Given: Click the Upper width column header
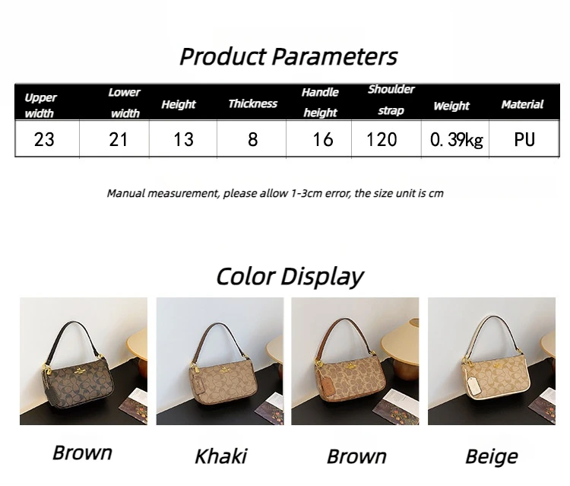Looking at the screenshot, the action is pos(40,105).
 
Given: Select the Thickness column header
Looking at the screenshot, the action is pos(252,103).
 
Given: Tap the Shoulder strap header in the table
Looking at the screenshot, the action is pos(391,100).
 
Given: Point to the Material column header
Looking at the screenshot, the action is pos(522,104).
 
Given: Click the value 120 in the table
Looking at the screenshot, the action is pos(382,139).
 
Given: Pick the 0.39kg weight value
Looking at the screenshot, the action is pos(457,140).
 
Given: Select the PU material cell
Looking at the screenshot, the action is pos(524,139).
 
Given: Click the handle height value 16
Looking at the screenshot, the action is pos(323,139).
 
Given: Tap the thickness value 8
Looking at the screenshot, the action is pos(252,139).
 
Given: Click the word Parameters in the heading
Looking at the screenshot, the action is pos(334,57).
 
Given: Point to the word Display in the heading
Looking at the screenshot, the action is pos(321,277).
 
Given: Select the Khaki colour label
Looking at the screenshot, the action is pos(221,456).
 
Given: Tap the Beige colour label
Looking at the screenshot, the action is pos(492,457).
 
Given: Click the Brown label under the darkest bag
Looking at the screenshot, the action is pos(82,453).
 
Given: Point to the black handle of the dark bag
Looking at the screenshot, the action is pos(59,338).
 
